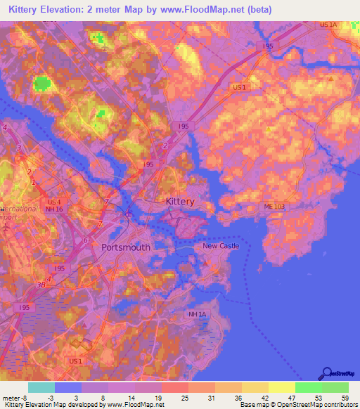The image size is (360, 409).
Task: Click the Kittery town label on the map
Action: tap(179, 202)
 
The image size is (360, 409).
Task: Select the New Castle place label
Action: tap(221, 246)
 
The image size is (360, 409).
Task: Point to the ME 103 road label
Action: tap(275, 206)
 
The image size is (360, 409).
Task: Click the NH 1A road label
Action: tap(198, 314)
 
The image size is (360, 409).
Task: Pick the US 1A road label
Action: tap(328, 25)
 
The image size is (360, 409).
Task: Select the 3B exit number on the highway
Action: tap(41, 285)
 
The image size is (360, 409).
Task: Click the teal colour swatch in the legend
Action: tap(41, 387)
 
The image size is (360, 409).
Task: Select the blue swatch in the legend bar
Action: tap(67, 387)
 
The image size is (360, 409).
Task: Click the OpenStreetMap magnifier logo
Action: tap(326, 374)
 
